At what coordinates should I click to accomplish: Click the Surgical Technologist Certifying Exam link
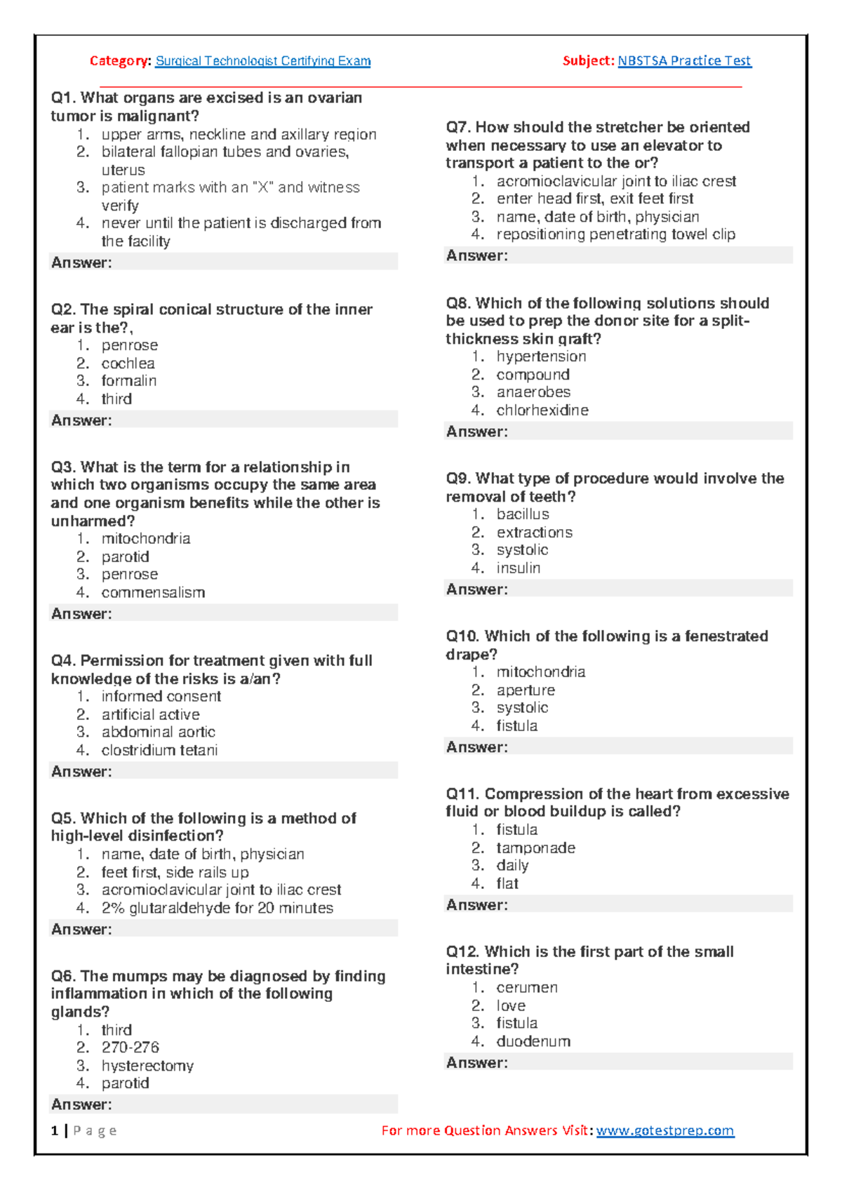tap(262, 61)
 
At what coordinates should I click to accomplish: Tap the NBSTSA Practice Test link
tap(684, 61)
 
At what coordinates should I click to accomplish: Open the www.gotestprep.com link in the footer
tap(664, 1130)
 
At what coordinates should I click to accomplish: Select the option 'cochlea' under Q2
tap(128, 363)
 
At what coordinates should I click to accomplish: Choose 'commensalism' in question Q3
tap(153, 592)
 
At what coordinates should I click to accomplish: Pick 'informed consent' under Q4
tap(161, 696)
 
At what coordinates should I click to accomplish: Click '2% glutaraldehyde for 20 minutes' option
tap(217, 908)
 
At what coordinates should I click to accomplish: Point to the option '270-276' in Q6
tap(130, 1047)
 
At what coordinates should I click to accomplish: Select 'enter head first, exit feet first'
tap(594, 199)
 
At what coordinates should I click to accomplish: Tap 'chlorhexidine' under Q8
tap(542, 410)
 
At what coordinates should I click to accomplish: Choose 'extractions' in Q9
tap(534, 533)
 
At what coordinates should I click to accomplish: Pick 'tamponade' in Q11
tap(535, 848)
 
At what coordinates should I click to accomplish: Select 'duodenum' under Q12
tap(533, 1041)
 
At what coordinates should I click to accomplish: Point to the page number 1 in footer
tap(55, 1130)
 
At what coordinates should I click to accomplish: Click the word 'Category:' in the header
tap(120, 61)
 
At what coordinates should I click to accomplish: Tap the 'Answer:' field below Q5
tap(223, 929)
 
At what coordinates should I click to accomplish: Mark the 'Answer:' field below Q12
tap(618, 1062)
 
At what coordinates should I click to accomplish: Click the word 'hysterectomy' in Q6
tap(147, 1066)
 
